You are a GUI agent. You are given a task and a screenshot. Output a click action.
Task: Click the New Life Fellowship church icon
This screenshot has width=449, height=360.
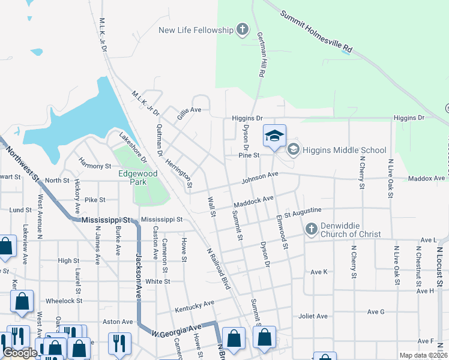[243, 29]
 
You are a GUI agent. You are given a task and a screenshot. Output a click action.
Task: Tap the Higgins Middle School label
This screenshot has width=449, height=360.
[345, 149]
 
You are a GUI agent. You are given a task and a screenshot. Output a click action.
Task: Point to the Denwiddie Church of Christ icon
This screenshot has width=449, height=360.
[312, 229]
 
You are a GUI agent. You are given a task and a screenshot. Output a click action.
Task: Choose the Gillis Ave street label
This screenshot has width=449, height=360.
[188, 110]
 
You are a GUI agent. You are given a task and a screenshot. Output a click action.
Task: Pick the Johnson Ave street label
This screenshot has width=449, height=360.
[261, 177]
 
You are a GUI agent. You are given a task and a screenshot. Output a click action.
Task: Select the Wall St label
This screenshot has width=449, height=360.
[211, 207]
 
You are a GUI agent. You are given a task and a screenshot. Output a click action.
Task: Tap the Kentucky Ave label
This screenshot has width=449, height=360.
[194, 307]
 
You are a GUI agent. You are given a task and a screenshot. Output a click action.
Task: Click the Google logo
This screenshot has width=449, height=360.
[20, 353]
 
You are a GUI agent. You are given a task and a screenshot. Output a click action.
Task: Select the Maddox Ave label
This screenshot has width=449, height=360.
[426, 178]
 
